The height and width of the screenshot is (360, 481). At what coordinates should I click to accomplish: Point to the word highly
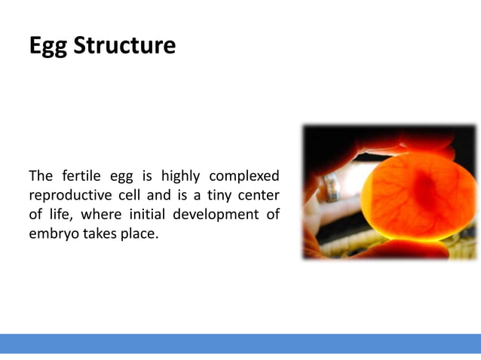pyautogui.click(x=179, y=176)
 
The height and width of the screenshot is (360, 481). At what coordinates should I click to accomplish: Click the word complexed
pyautogui.click(x=244, y=176)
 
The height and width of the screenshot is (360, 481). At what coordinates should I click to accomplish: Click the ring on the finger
pyautogui.click(x=332, y=185)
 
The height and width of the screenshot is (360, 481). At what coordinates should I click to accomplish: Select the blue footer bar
pyautogui.click(x=240, y=343)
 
